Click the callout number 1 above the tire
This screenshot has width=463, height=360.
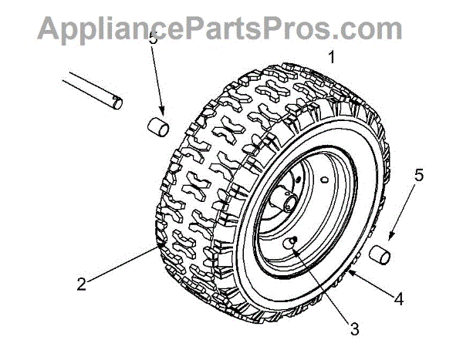tap(332, 57)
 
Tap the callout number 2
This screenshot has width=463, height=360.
tap(81, 284)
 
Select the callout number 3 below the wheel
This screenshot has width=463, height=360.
tap(354, 329)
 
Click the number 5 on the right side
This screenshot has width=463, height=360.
tap(419, 176)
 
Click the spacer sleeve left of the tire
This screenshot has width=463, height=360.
tap(157, 126)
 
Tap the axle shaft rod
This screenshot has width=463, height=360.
tap(92, 89)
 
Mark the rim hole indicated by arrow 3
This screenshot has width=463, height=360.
tap(293, 243)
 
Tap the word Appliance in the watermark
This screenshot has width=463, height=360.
tap(97, 29)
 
